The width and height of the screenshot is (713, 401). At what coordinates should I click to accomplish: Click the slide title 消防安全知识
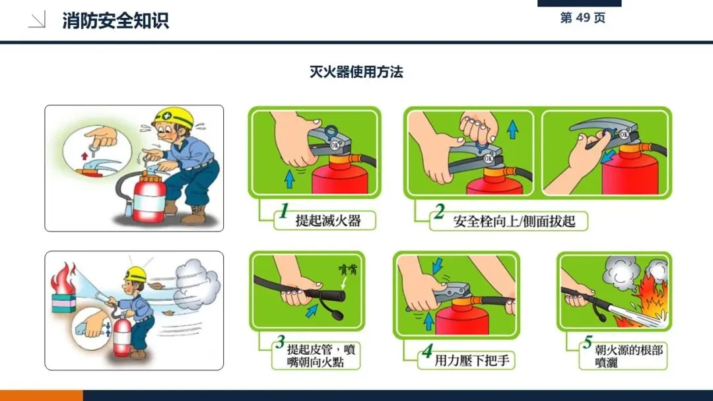116,21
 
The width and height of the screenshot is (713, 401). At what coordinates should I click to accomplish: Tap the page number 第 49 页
582,18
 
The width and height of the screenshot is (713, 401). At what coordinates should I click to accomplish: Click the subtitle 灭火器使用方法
356,72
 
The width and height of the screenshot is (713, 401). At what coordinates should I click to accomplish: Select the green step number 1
284,210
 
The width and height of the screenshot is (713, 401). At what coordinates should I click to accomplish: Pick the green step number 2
439,211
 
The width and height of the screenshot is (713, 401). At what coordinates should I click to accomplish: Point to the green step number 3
280,342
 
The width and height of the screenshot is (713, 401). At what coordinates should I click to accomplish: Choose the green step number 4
427,351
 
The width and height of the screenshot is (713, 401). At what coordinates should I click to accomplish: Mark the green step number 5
588,342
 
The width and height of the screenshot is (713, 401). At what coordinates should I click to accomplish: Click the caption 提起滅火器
328,221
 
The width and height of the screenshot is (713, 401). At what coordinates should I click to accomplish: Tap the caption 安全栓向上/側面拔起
514,221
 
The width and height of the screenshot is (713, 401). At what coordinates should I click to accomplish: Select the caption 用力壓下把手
472,361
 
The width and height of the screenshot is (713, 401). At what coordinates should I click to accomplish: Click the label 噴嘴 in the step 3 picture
348,269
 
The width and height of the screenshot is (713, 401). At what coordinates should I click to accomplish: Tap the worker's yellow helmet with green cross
173,118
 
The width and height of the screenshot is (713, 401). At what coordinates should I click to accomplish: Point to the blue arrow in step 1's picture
289,179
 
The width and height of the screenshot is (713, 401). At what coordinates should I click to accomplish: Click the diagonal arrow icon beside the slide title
37,20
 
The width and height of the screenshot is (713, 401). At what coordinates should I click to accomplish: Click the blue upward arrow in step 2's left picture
512,129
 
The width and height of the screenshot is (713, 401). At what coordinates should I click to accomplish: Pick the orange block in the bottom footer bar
42,395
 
